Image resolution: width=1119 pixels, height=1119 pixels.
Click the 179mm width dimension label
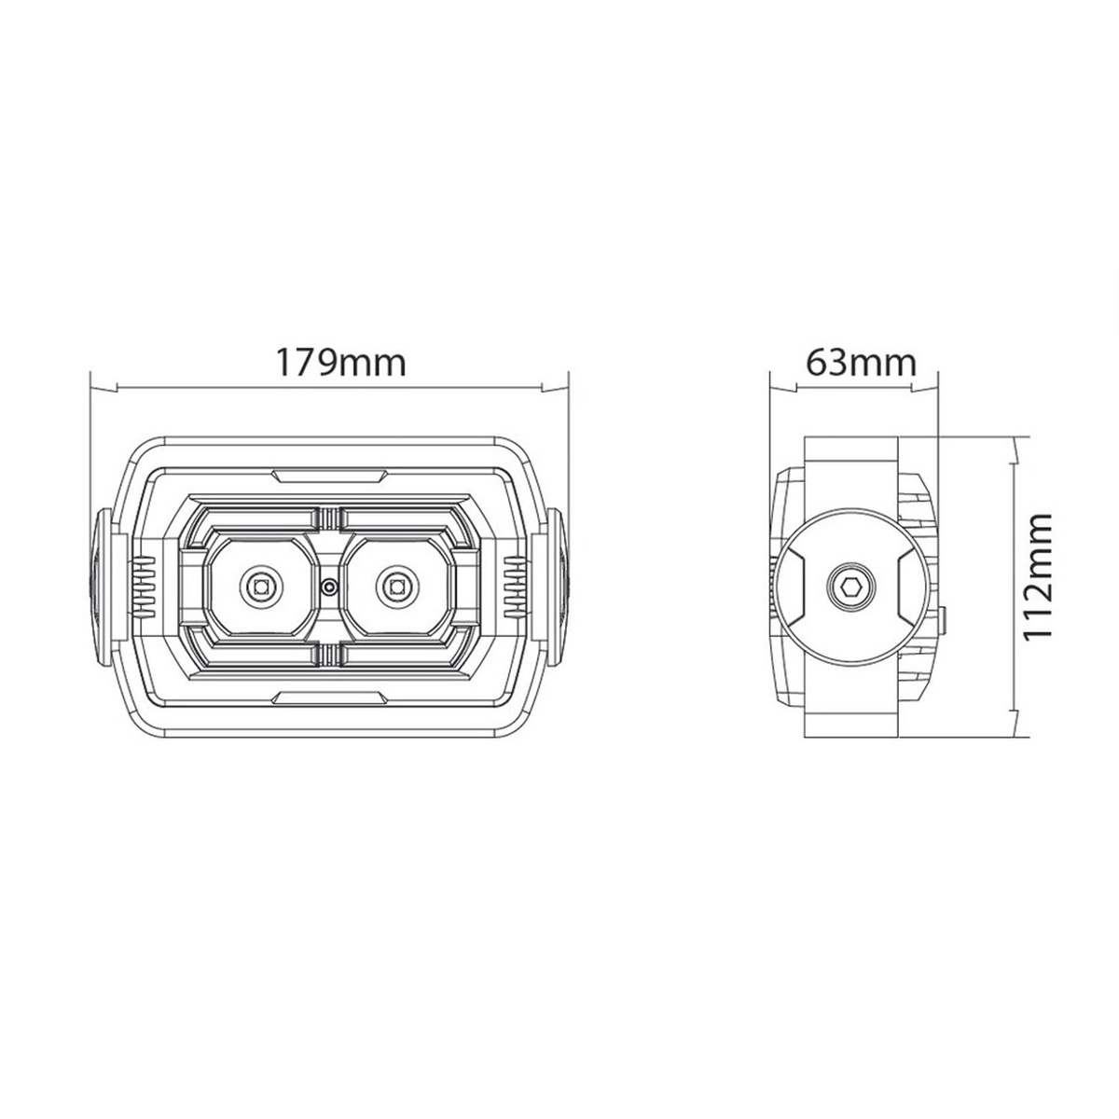tap(340, 363)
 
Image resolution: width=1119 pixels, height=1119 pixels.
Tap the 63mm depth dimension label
tap(862, 363)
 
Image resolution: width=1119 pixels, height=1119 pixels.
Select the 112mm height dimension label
tap(1037, 576)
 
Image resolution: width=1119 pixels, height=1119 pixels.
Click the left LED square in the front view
tap(259, 587)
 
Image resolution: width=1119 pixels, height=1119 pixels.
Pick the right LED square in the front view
tap(396, 587)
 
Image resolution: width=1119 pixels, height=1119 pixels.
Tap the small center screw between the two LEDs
tap(329, 587)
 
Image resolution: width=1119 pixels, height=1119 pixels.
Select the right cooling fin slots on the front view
tap(515, 587)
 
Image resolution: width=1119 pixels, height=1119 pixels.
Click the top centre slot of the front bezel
tap(329, 476)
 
